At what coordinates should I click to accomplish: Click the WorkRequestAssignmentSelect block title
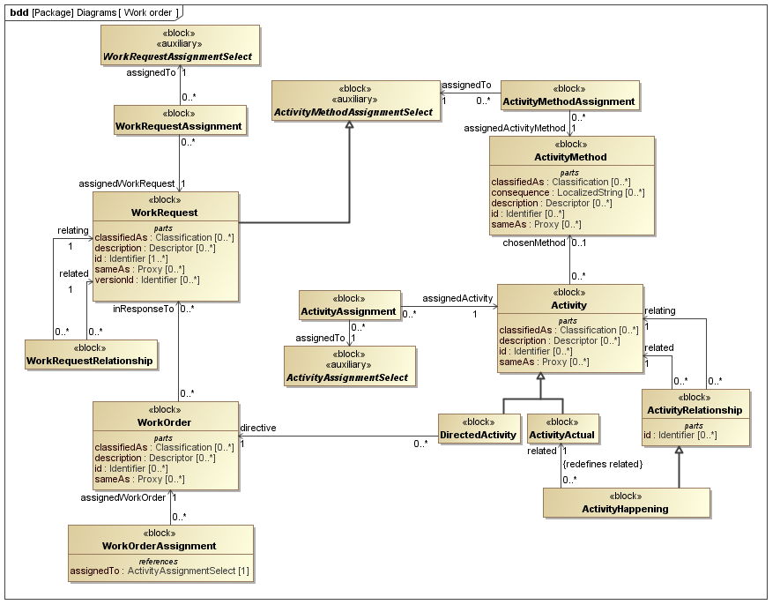[178, 56]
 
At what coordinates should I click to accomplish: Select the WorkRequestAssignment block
[179, 120]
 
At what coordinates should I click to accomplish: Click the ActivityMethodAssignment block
[568, 95]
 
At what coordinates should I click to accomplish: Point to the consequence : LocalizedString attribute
[568, 192]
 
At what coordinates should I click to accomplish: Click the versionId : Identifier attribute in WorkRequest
[147, 280]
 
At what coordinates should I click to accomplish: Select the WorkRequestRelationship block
[91, 355]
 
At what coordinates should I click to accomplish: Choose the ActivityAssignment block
[349, 305]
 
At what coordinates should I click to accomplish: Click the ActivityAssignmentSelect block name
[348, 377]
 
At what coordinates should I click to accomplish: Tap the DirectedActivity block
[479, 429]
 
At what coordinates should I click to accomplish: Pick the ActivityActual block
[562, 429]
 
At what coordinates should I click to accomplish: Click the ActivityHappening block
[626, 503]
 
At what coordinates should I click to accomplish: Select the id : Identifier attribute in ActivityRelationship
[680, 435]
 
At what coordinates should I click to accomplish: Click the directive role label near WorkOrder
[258, 428]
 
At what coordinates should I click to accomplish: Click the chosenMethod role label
[534, 243]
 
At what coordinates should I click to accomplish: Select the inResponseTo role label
[143, 310]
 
